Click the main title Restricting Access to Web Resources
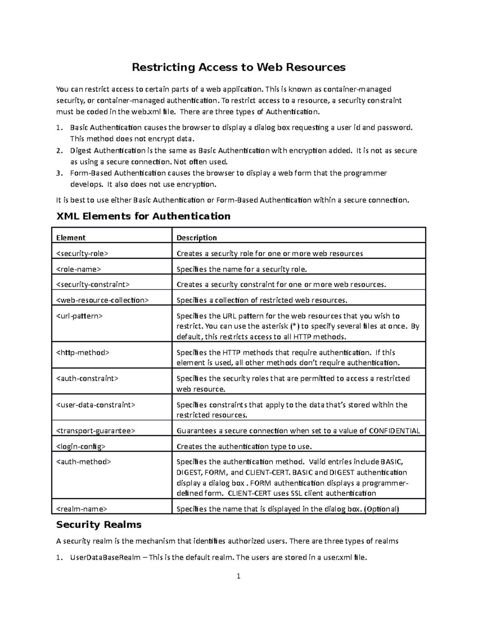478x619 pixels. click(239, 67)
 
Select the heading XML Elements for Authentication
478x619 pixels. click(143, 216)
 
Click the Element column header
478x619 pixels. click(71, 238)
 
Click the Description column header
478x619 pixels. click(197, 238)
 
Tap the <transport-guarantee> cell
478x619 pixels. click(96, 430)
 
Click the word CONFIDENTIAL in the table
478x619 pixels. click(394, 430)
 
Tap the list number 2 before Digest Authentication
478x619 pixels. click(59, 151)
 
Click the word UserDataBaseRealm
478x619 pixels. click(105, 557)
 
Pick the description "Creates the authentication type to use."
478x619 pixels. click(244, 446)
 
